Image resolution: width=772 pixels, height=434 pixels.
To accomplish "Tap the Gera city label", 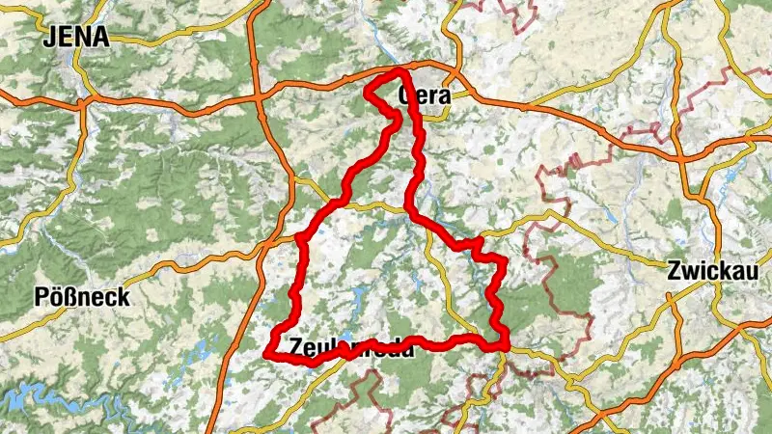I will pyautogui.click(x=426, y=95).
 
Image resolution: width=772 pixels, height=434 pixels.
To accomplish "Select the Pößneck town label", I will pyautogui.click(x=82, y=297).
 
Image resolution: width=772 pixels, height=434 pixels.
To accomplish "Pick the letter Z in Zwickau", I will pyautogui.click(x=674, y=272).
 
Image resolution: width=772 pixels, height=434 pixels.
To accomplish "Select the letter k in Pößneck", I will pyautogui.click(x=124, y=297).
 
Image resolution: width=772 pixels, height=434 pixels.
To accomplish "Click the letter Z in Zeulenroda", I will pyautogui.click(x=281, y=344).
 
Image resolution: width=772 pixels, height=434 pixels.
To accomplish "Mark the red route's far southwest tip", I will pyautogui.click(x=265, y=354).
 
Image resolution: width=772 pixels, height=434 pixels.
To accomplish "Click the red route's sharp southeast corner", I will pyautogui.click(x=505, y=346).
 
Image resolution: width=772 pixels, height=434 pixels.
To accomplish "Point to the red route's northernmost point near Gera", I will pyautogui.click(x=398, y=72).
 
